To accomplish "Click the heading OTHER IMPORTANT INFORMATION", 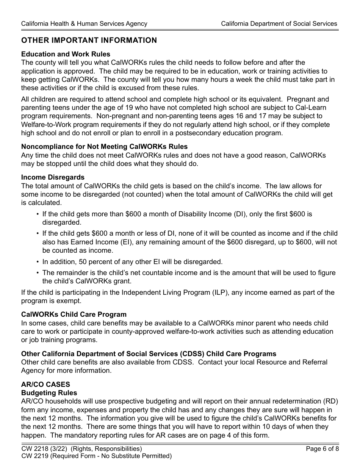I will coord(89,41).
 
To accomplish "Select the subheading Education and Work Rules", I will coord(66,54).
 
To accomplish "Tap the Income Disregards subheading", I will coord(53,177).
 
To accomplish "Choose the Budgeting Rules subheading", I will coord(49,393).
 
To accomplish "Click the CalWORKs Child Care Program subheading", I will coord(74,314).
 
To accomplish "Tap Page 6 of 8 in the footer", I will coord(321,449).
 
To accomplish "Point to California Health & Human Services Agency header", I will coord(84,23).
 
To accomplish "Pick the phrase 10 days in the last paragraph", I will coord(268,427).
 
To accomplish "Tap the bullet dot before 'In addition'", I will coord(38,262).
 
